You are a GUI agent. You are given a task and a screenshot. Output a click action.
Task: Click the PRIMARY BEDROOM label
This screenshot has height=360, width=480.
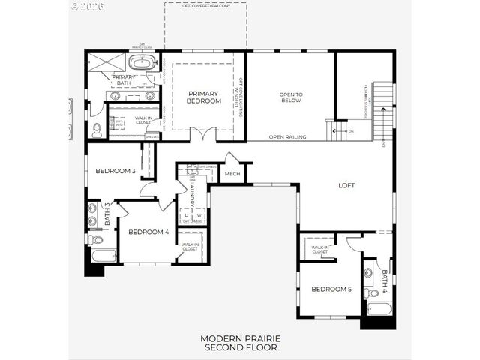(204, 96)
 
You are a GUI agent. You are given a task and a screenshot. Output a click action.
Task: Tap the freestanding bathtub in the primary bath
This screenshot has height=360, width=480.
(142, 62)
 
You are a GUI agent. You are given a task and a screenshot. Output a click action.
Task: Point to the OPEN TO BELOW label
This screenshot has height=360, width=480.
(290, 97)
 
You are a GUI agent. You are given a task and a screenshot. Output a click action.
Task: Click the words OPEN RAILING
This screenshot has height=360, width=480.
(287, 137)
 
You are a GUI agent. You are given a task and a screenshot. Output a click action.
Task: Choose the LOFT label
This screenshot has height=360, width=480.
(346, 185)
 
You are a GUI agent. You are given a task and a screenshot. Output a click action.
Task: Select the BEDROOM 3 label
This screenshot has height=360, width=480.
(116, 171)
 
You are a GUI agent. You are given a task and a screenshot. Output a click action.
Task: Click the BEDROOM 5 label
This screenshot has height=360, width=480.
(331, 289)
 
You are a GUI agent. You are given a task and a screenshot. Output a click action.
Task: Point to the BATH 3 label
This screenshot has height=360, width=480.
(107, 214)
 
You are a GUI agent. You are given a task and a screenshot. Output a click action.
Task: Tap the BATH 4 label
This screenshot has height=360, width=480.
(385, 280)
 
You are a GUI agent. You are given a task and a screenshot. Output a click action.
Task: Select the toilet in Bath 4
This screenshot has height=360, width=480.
(373, 292)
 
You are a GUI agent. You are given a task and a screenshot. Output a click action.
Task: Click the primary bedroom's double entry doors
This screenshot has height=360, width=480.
(199, 136)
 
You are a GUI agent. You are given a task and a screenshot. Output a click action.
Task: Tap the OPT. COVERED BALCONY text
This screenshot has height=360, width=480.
(205, 5)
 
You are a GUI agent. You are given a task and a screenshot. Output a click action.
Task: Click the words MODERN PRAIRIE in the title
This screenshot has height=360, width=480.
(239, 339)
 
